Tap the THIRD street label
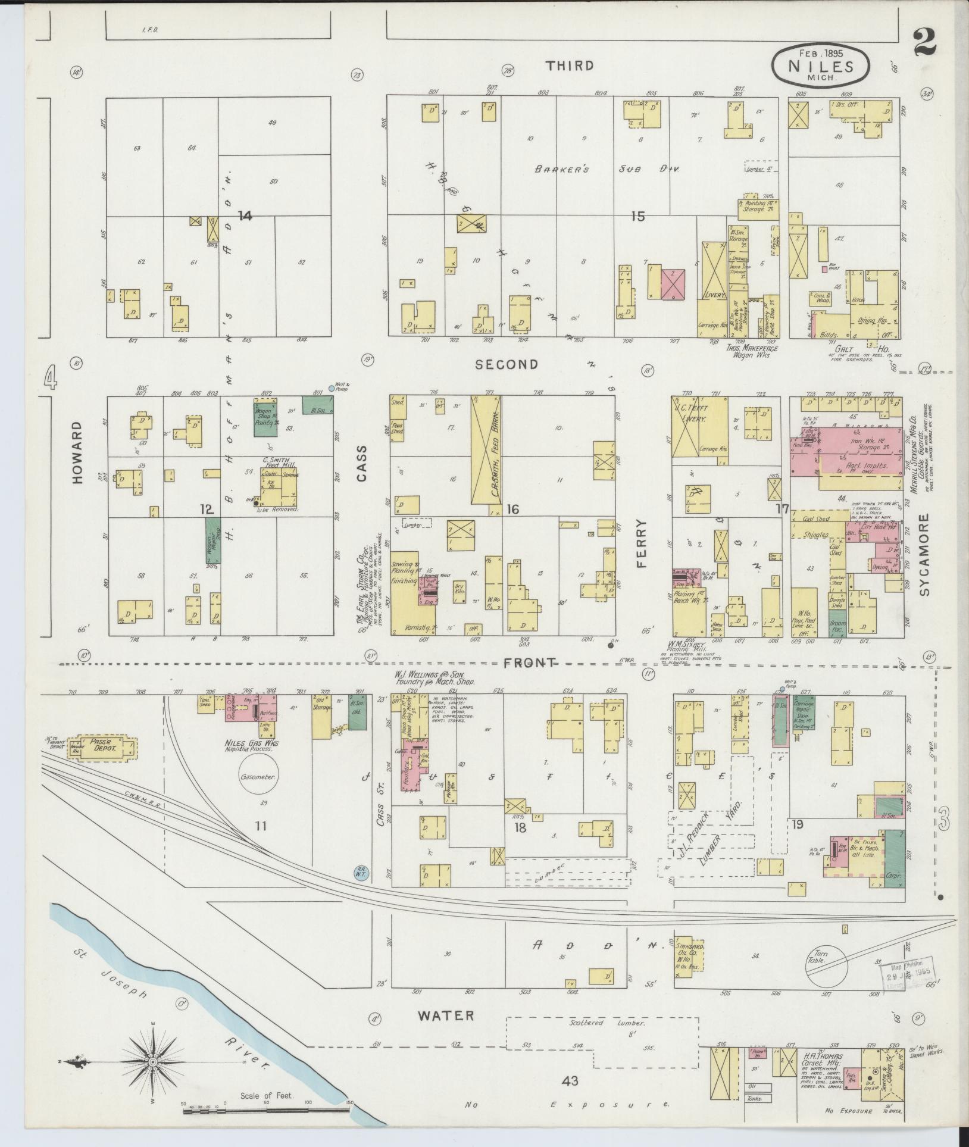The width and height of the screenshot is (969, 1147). pyautogui.click(x=570, y=65)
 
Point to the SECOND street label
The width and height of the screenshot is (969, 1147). pyautogui.click(x=507, y=364)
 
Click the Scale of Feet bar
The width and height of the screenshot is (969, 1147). pyautogui.click(x=265, y=1108)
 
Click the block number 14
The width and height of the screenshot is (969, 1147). pyautogui.click(x=245, y=216)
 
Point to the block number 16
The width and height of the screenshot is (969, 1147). pyautogui.click(x=513, y=509)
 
